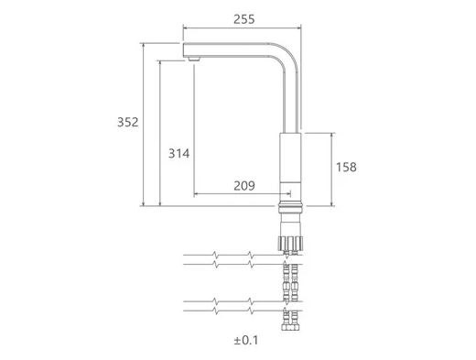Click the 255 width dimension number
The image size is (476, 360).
pos(243,19)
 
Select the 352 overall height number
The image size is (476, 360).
pos(128,122)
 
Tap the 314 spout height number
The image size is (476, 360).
pos(178,153)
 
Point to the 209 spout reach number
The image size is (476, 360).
pos(244,186)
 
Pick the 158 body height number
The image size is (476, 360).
pos(346,168)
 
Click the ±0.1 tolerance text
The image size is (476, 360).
pos(246,340)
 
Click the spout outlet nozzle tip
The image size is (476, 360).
pos(194,59)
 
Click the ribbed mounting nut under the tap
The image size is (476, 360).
pos(290,244)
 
